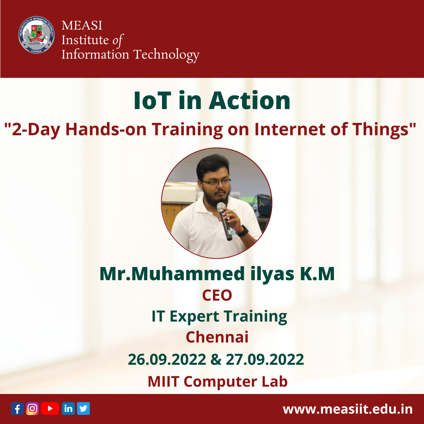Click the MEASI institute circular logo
(36, 35)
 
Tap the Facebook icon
(17, 409)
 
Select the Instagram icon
(32, 409)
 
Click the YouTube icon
(50, 408)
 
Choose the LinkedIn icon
(68, 408)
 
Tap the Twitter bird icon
(83, 408)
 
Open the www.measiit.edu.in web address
(348, 409)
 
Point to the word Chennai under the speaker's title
(217, 337)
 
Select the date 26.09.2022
(167, 360)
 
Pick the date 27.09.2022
(265, 360)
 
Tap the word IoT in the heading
(152, 101)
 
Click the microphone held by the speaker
(224, 220)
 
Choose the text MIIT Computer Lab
(217, 382)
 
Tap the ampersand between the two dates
(216, 360)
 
